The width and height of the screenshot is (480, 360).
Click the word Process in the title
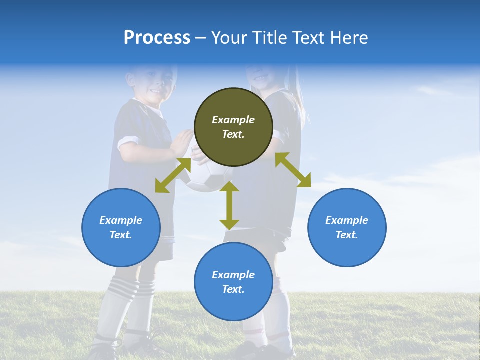tap(157, 38)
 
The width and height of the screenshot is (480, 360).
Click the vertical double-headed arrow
tap(229, 205)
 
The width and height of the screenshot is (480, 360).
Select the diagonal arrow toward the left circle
tap(173, 175)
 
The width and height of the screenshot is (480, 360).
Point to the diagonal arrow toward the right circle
tap(293, 170)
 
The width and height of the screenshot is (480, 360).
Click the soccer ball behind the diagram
tap(205, 180)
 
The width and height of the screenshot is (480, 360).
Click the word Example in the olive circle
tap(233, 120)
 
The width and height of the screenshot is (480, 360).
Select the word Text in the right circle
tap(347, 235)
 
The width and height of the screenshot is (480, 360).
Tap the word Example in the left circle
tap(121, 220)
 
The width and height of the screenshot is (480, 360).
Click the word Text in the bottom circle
tap(233, 289)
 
